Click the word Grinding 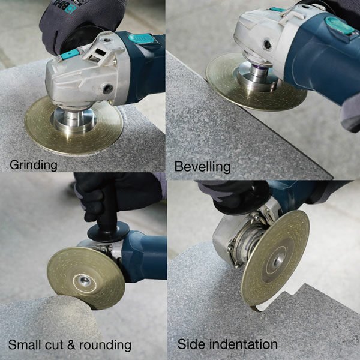pos(34,165)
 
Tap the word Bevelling pos(203,166)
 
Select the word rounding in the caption pos(105,345)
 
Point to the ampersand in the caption pos(71,345)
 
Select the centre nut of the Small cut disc pos(83,280)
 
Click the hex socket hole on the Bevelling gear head pos(268,44)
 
